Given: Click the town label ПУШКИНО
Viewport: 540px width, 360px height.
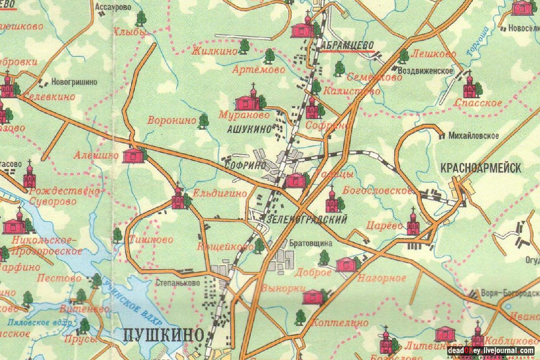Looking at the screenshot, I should coord(163,335).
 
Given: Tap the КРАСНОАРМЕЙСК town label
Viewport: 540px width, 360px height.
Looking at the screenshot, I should coord(481,168).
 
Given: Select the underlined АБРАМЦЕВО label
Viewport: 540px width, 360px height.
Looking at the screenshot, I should coord(349,44).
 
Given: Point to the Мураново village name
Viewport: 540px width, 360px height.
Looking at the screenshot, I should coord(244,115).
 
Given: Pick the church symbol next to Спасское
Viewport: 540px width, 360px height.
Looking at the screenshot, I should coord(470,87).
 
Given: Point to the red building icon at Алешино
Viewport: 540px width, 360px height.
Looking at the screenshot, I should coord(134,156).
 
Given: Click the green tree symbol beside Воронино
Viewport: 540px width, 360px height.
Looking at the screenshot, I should coord(203,121).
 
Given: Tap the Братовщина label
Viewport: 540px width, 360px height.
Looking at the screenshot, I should coord(311,243).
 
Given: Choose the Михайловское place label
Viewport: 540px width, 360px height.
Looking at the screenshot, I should coord(473,136).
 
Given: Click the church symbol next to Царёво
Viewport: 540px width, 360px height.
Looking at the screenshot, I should coord(413,224).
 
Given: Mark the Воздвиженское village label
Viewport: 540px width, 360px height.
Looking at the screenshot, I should coord(425,71).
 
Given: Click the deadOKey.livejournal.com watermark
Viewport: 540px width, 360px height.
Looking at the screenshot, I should coord(490,351).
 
